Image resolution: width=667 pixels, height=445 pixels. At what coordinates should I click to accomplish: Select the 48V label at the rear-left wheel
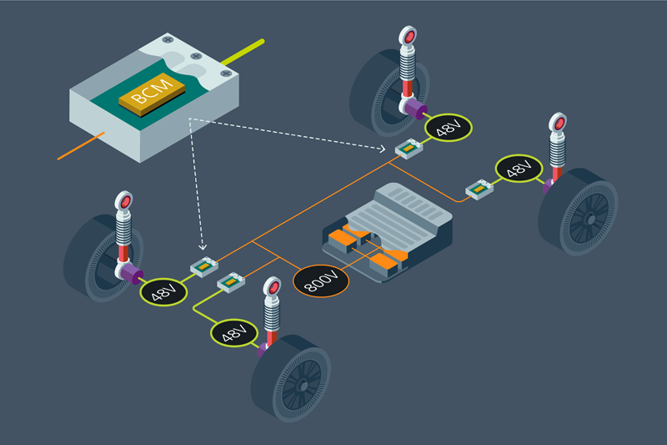pyautogui.click(x=448, y=129)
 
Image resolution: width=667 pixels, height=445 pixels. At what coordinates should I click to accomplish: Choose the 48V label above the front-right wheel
pyautogui.click(x=233, y=333)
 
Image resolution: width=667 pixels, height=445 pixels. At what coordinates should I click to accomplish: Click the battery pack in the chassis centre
pyautogui.click(x=388, y=230)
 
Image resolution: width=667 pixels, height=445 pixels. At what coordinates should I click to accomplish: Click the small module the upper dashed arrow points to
pyautogui.click(x=409, y=149)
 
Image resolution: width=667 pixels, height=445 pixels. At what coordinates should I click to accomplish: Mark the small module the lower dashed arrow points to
pyautogui.click(x=204, y=267)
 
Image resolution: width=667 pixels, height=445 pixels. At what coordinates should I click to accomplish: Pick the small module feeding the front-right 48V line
pyautogui.click(x=231, y=284)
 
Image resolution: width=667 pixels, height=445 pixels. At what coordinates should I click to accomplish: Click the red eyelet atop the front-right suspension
pyautogui.click(x=273, y=289)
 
